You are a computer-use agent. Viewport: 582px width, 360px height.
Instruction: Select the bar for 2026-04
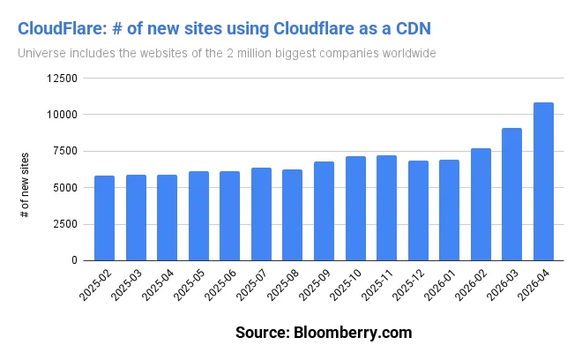543,181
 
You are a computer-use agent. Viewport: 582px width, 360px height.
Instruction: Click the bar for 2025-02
104,218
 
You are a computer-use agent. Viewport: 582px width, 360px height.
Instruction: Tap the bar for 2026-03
511,194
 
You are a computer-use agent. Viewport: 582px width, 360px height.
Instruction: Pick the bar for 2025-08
292,215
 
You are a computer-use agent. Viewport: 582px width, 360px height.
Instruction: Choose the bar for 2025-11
386,208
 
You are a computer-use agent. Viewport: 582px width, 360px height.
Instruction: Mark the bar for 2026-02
481,205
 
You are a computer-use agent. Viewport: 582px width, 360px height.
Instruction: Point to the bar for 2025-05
198,216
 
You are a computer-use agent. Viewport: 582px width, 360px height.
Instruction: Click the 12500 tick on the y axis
62,79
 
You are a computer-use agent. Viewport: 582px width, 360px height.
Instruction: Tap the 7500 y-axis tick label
65,151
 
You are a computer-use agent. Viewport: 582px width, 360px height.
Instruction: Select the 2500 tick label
65,224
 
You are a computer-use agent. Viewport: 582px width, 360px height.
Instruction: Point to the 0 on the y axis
75,260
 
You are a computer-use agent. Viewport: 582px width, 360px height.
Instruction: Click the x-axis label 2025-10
345,285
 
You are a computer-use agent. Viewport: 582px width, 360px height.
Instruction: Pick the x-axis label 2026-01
439,285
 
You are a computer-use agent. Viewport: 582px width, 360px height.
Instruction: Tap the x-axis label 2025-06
220,285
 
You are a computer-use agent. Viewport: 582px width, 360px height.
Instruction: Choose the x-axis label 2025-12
408,285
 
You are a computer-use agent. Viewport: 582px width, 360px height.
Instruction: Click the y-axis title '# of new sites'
25,185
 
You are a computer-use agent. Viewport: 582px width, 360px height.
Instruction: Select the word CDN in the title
413,29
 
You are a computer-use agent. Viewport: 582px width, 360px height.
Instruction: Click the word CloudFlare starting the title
63,29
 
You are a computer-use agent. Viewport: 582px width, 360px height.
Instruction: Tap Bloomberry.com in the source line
353,333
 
